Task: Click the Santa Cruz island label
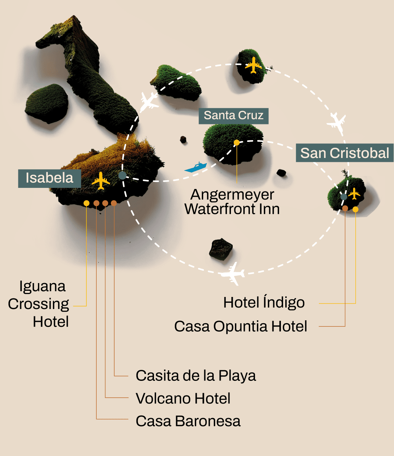click(233, 116)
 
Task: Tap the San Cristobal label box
click(344, 153)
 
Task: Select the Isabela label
click(50, 178)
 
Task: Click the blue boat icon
click(196, 167)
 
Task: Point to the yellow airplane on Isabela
click(101, 181)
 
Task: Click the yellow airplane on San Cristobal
click(354, 193)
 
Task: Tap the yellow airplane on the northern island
click(254, 65)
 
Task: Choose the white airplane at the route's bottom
click(232, 273)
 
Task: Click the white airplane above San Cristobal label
click(337, 123)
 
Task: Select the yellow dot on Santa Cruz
click(237, 143)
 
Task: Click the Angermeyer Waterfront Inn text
click(232, 202)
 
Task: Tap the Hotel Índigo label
click(264, 302)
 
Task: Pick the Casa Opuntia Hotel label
click(241, 326)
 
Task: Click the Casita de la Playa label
click(196, 376)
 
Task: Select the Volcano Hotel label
click(183, 398)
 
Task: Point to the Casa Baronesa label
click(188, 421)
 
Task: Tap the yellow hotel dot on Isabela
click(86, 203)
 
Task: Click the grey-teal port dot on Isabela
click(122, 175)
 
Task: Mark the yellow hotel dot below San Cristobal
click(355, 209)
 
